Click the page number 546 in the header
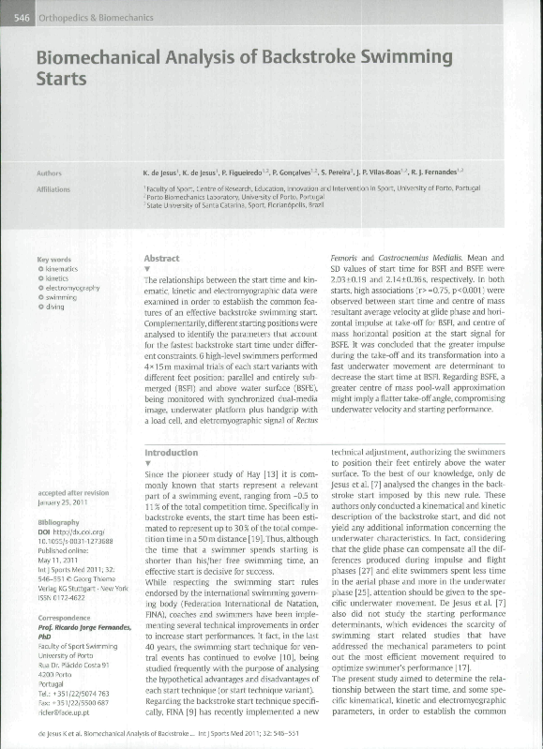pos(24,13)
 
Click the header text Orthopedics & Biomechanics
pos(94,13)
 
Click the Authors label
pos(49,173)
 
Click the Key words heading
pos(54,260)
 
